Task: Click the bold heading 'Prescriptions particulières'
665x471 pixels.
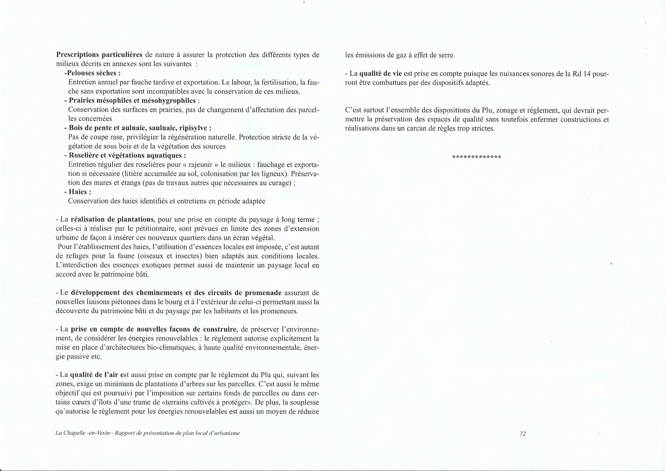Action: pos(99,55)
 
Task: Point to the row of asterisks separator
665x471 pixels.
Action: pos(476,157)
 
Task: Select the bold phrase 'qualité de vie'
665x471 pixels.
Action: pos(381,74)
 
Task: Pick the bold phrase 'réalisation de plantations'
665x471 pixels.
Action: pos(112,220)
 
